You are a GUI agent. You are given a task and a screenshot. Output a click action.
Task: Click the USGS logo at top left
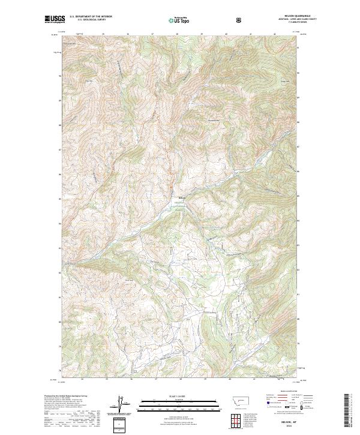(55, 20)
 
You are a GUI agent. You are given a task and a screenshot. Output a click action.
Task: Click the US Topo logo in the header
(180, 20)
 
